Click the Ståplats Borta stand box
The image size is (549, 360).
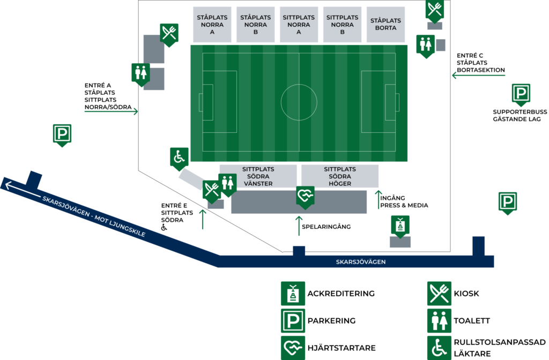pyautogui.click(x=385, y=25)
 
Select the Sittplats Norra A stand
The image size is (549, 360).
pyautogui.click(x=299, y=25)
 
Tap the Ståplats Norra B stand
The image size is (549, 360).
pyautogui.click(x=255, y=25)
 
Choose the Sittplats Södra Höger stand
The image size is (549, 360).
pyautogui.click(x=339, y=176)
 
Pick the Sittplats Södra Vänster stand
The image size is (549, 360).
pyautogui.click(x=258, y=176)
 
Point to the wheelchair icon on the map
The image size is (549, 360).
pyautogui.click(x=179, y=159)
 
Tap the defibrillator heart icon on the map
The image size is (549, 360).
pyautogui.click(x=305, y=198)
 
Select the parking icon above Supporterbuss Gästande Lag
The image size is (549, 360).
pyautogui.click(x=521, y=94)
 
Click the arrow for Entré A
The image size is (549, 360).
pyautogui.click(x=111, y=111)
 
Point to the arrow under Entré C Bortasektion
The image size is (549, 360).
pyautogui.click(x=478, y=75)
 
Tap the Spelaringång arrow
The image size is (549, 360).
pyautogui.click(x=299, y=226)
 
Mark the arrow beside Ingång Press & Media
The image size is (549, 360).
pyautogui.click(x=378, y=200)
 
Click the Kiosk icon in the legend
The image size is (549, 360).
pyautogui.click(x=439, y=294)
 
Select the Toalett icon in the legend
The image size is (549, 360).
pyautogui.click(x=439, y=320)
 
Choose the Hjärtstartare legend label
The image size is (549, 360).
pyautogui.click(x=342, y=348)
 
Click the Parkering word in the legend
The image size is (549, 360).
pyautogui.click(x=331, y=320)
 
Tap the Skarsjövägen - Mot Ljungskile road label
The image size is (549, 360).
pyautogui.click(x=94, y=216)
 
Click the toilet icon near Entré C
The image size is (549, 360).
pyautogui.click(x=425, y=46)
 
